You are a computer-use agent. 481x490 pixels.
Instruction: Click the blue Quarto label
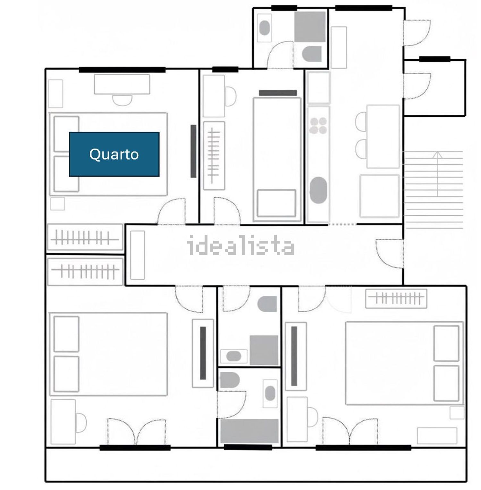click(x=114, y=154)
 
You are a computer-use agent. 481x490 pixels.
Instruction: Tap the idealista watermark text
click(x=241, y=245)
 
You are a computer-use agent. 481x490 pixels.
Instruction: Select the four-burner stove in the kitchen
click(x=318, y=126)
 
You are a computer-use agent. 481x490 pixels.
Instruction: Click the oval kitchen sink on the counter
click(x=318, y=190)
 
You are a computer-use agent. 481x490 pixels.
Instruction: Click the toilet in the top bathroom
click(x=312, y=54)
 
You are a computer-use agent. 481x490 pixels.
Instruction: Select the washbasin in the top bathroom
click(x=265, y=28)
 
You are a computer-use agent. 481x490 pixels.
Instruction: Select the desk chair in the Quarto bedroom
click(x=122, y=100)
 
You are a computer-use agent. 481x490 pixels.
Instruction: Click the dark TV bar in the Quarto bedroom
click(x=193, y=151)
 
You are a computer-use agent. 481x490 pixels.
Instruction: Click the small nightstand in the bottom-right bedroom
click(x=457, y=412)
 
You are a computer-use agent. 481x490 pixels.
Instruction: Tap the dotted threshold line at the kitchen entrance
click(x=342, y=224)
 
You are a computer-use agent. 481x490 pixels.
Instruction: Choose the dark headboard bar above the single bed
click(x=278, y=93)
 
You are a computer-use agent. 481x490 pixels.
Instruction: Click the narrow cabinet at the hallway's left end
click(x=137, y=255)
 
